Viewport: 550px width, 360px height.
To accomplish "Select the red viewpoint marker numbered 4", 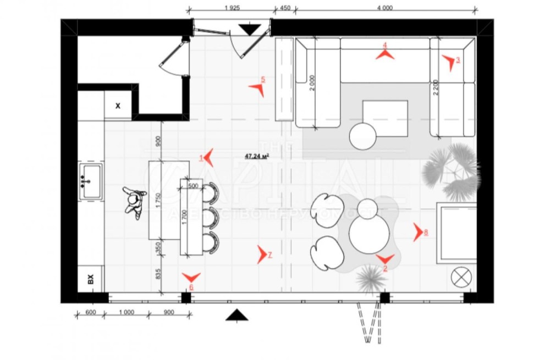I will [x=385, y=54].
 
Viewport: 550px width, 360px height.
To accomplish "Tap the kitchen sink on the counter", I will [x=91, y=180].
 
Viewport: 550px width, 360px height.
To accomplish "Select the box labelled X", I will [x=118, y=106].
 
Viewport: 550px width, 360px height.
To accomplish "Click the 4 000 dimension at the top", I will [x=384, y=8].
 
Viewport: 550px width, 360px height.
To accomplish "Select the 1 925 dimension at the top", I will [x=233, y=8].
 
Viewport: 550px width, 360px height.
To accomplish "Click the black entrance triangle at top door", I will [x=251, y=29].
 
